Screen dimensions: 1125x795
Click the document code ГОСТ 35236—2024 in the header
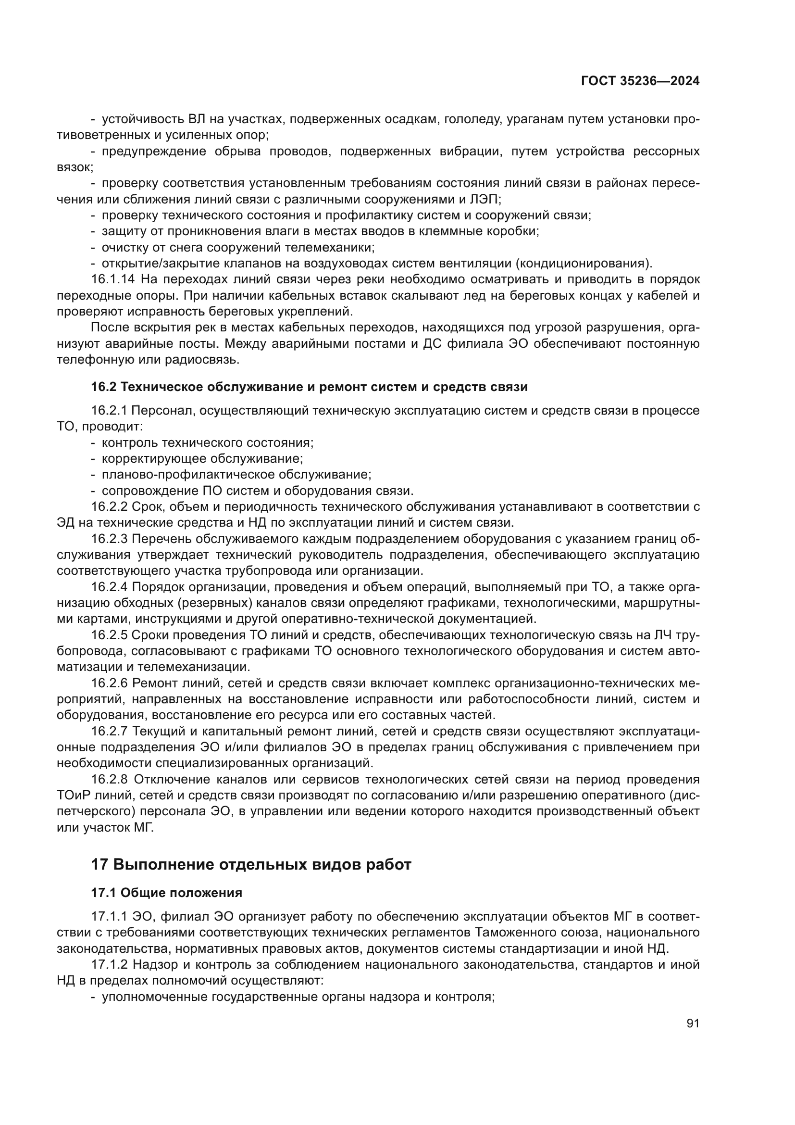click(x=640, y=81)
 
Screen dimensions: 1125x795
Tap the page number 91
click(x=693, y=1023)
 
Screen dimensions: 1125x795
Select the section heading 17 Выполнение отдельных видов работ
click(x=250, y=864)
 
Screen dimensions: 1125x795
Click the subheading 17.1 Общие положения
click(x=166, y=893)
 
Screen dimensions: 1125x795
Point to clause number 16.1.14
click(x=112, y=280)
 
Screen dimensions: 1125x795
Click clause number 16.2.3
click(x=109, y=539)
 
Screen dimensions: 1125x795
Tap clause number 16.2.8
click(x=109, y=779)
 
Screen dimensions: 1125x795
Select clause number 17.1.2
click(x=109, y=965)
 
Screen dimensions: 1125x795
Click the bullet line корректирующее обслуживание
click(x=202, y=459)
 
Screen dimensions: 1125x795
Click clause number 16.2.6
click(x=109, y=683)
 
